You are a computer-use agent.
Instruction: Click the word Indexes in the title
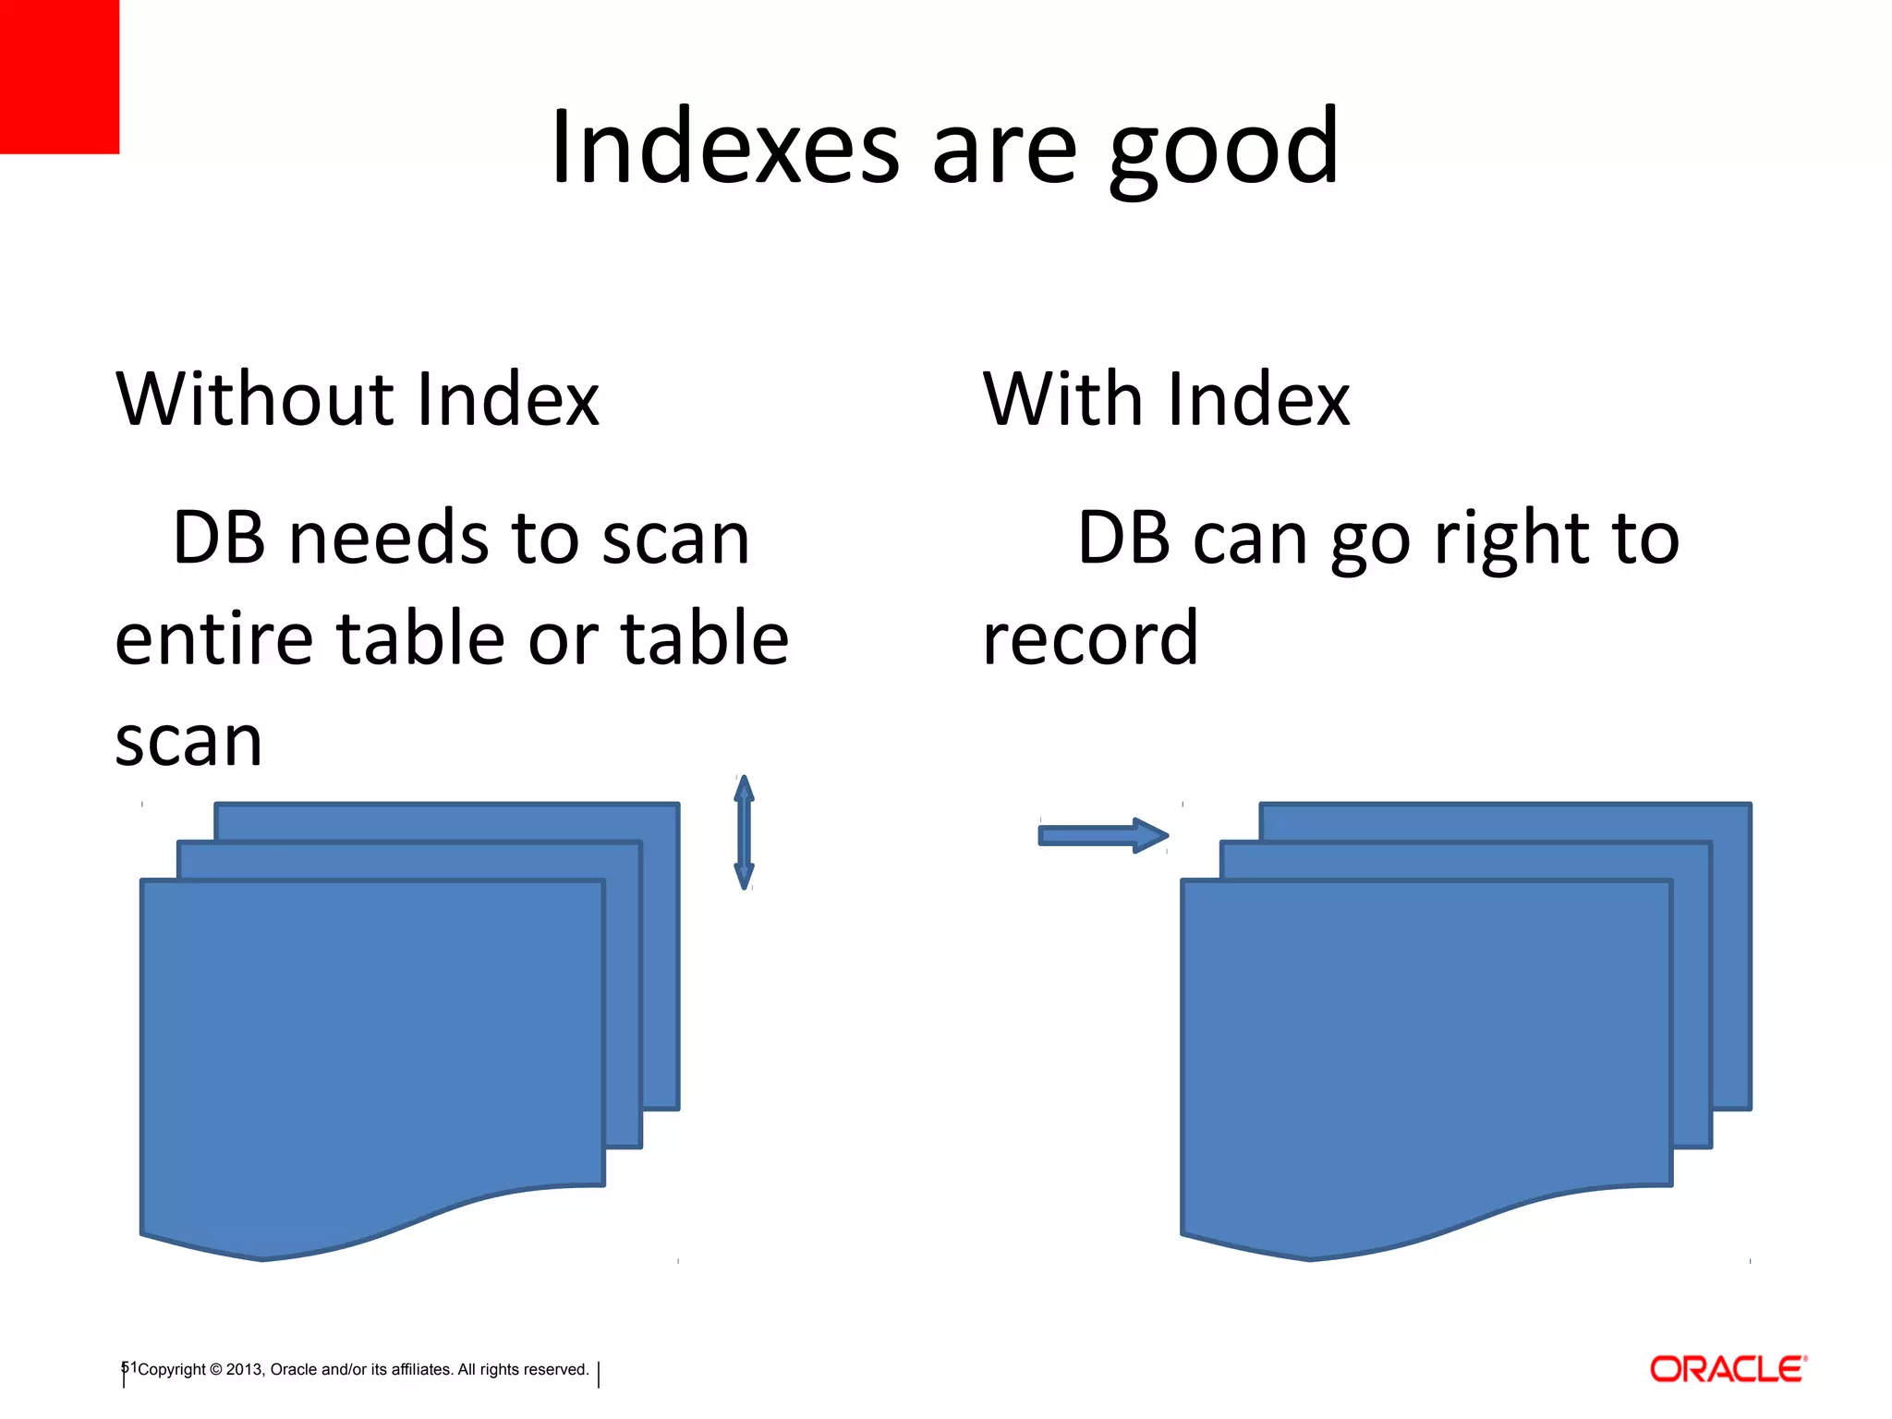pyautogui.click(x=724, y=148)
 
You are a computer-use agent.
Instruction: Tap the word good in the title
pyautogui.click(x=1223, y=152)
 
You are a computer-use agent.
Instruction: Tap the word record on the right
pyautogui.click(x=1090, y=639)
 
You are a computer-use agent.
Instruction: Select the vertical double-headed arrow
pyautogui.click(x=744, y=832)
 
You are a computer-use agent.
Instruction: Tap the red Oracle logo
pyautogui.click(x=1728, y=1369)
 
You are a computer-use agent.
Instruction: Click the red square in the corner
pyautogui.click(x=59, y=76)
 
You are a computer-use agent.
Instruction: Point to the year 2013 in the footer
pyautogui.click(x=244, y=1370)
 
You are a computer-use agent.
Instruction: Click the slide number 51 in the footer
pyautogui.click(x=129, y=1368)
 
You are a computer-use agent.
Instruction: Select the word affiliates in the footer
pyautogui.click(x=422, y=1370)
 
